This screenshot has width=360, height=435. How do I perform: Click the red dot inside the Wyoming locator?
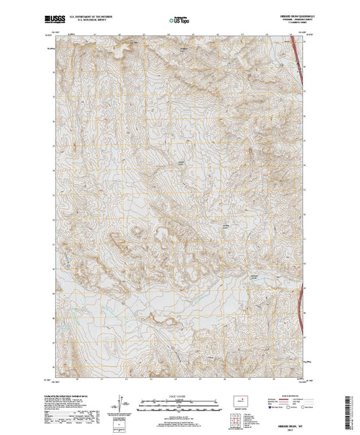(243, 399)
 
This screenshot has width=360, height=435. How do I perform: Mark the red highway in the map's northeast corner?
(299, 62)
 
